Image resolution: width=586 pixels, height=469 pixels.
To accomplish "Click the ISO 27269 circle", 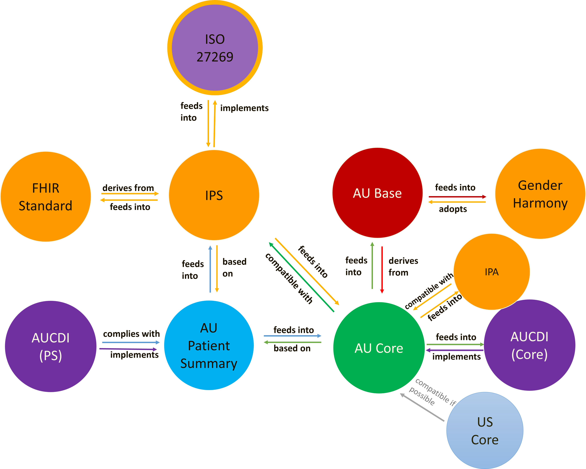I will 215,48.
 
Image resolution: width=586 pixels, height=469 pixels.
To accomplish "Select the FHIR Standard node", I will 46,197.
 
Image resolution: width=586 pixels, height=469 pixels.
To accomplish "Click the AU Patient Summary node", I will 209,345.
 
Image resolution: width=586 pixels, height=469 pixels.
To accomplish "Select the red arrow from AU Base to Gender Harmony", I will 457,197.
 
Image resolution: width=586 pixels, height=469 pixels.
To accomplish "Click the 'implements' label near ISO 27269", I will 244,108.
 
